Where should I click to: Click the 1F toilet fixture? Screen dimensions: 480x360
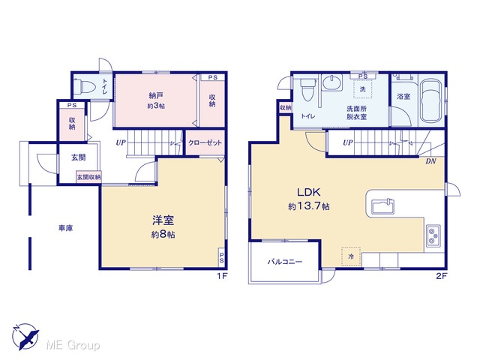[x=82, y=86]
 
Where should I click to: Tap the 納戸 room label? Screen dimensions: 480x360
[x=156, y=96]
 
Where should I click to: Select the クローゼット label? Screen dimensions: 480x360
[x=205, y=142]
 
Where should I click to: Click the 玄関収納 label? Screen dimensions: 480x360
[x=88, y=177]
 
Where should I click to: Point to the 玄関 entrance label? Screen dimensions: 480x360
[x=78, y=157]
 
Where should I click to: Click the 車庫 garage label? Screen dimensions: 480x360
[x=66, y=228]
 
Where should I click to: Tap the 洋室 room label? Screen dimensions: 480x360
[x=163, y=220]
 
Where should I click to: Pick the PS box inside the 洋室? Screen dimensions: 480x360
[x=221, y=257]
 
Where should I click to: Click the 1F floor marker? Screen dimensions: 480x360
[x=222, y=276]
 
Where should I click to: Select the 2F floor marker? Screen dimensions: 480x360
[x=442, y=276]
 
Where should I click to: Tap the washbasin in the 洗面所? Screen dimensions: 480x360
[x=332, y=82]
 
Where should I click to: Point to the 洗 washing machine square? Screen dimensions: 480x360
[x=363, y=88]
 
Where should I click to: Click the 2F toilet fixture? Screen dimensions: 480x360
[x=307, y=89]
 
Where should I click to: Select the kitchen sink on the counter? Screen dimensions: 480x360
[x=382, y=207]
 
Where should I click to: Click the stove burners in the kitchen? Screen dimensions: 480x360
[x=433, y=235]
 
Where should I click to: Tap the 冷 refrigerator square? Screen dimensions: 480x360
[x=351, y=256]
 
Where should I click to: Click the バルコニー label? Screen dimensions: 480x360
[x=285, y=262]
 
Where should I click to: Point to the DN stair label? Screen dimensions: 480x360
[x=430, y=161]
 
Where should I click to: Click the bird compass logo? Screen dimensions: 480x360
[x=25, y=337]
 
